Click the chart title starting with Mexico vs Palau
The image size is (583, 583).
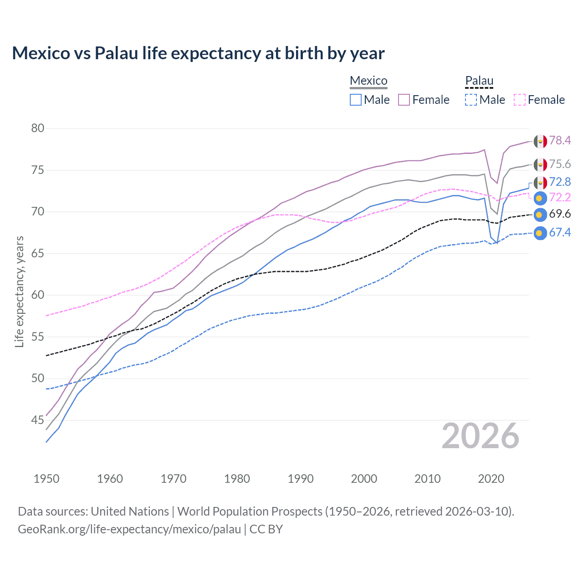tap(198, 53)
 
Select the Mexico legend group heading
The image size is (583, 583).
tap(368, 81)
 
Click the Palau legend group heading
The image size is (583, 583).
tap(479, 81)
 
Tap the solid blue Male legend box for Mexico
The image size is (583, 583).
tap(356, 100)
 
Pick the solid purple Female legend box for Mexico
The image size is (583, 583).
tap(404, 100)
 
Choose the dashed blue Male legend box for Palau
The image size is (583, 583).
tap(471, 100)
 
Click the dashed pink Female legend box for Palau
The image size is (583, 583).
tap(520, 100)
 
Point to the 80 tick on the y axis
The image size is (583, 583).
tap(38, 128)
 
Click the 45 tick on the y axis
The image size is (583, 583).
tap(38, 420)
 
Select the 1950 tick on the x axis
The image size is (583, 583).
tap(46, 479)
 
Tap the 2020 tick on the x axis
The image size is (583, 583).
tap(491, 479)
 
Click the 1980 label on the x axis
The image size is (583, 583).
tap(237, 479)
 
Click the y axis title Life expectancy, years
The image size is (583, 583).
tap(19, 291)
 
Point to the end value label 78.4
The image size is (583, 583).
tap(560, 141)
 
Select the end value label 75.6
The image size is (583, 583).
tap(560, 164)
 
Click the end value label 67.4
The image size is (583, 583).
tap(560, 233)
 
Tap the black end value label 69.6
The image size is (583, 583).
tap(560, 214)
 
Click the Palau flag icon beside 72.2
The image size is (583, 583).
tap(540, 198)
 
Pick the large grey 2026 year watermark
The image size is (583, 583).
tap(480, 436)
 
